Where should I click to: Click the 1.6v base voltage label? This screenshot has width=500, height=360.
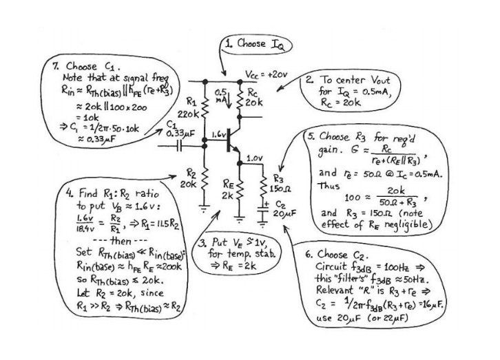coord(219,136)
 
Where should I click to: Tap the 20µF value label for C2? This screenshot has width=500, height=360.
coord(284,213)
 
